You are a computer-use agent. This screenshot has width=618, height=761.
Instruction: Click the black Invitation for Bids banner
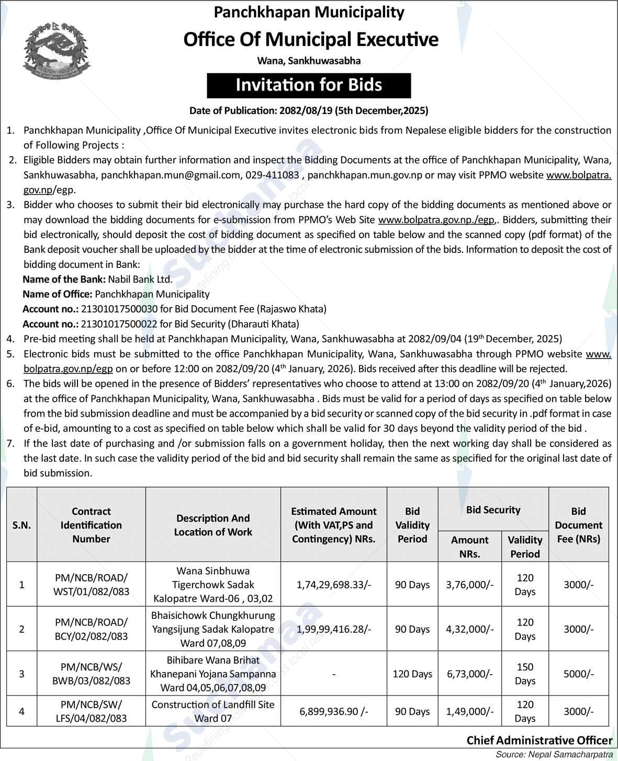309,85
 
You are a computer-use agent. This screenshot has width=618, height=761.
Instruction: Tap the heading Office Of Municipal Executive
311,40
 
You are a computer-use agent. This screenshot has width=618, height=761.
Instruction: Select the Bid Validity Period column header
412,525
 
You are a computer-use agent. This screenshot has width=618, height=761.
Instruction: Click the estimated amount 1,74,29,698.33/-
333,585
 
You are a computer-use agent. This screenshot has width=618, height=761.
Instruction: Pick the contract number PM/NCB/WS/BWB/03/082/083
92,674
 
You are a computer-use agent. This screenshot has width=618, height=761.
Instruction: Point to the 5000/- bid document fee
578,674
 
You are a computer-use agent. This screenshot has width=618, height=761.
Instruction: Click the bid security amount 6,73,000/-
469,674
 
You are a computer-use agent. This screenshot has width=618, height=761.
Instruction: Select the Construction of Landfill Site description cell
213,711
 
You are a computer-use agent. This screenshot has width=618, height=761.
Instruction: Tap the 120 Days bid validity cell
412,674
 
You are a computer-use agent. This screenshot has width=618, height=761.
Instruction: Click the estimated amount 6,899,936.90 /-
333,711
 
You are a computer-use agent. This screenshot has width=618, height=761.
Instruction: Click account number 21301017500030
119,309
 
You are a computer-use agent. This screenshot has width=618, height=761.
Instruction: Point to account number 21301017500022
119,324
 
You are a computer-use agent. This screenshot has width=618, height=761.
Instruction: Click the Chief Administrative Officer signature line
539,740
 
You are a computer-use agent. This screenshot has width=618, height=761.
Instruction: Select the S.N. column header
21,525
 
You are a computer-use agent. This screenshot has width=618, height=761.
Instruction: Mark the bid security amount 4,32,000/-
469,629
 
